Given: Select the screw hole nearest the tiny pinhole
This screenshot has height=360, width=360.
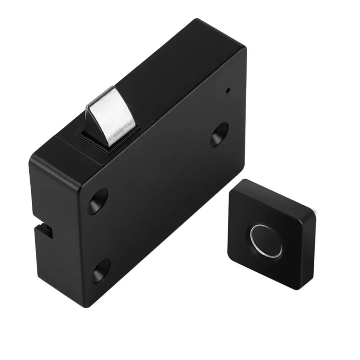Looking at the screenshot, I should (219, 134).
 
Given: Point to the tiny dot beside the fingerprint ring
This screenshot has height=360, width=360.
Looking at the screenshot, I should (293, 254).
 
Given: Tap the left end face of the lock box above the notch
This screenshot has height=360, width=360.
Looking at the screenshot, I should (53, 192).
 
